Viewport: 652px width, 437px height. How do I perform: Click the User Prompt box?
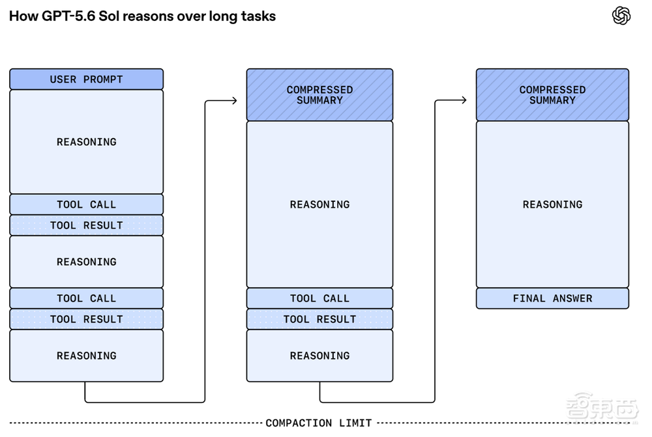(87, 79)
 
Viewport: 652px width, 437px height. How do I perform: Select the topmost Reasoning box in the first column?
(87, 142)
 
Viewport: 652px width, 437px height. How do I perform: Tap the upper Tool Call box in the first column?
(87, 204)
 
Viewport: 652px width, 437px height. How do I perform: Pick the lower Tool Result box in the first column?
(87, 319)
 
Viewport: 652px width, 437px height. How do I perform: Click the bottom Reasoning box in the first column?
(87, 356)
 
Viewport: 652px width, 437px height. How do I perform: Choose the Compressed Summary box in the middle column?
(319, 94)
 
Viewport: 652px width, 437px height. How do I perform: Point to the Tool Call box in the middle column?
(319, 298)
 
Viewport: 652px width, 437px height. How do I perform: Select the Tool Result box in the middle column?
(319, 319)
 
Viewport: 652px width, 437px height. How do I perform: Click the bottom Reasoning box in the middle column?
(319, 356)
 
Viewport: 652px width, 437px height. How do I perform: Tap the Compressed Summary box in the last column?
(552, 94)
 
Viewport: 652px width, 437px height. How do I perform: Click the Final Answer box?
(552, 298)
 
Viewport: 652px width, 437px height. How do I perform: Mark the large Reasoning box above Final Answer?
(552, 204)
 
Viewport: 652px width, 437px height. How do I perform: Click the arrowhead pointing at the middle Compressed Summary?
(235, 100)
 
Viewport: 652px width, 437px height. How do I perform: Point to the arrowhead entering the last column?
(464, 100)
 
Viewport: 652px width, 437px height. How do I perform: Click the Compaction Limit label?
(319, 423)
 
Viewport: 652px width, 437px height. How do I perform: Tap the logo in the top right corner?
(621, 16)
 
